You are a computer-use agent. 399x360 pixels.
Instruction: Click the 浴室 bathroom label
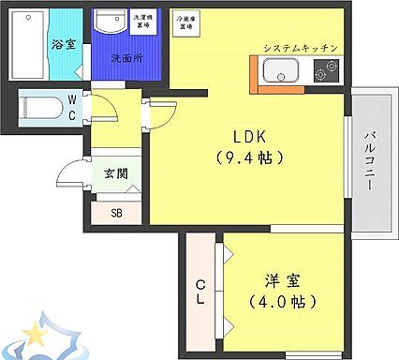click(64, 43)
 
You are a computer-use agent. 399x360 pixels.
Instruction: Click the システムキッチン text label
click(299, 47)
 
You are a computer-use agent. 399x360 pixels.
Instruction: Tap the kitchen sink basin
click(280, 70)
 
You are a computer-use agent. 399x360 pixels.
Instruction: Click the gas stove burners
click(328, 70)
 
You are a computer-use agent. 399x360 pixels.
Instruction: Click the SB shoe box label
click(116, 212)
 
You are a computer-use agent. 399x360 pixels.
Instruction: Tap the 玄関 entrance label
click(115, 172)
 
